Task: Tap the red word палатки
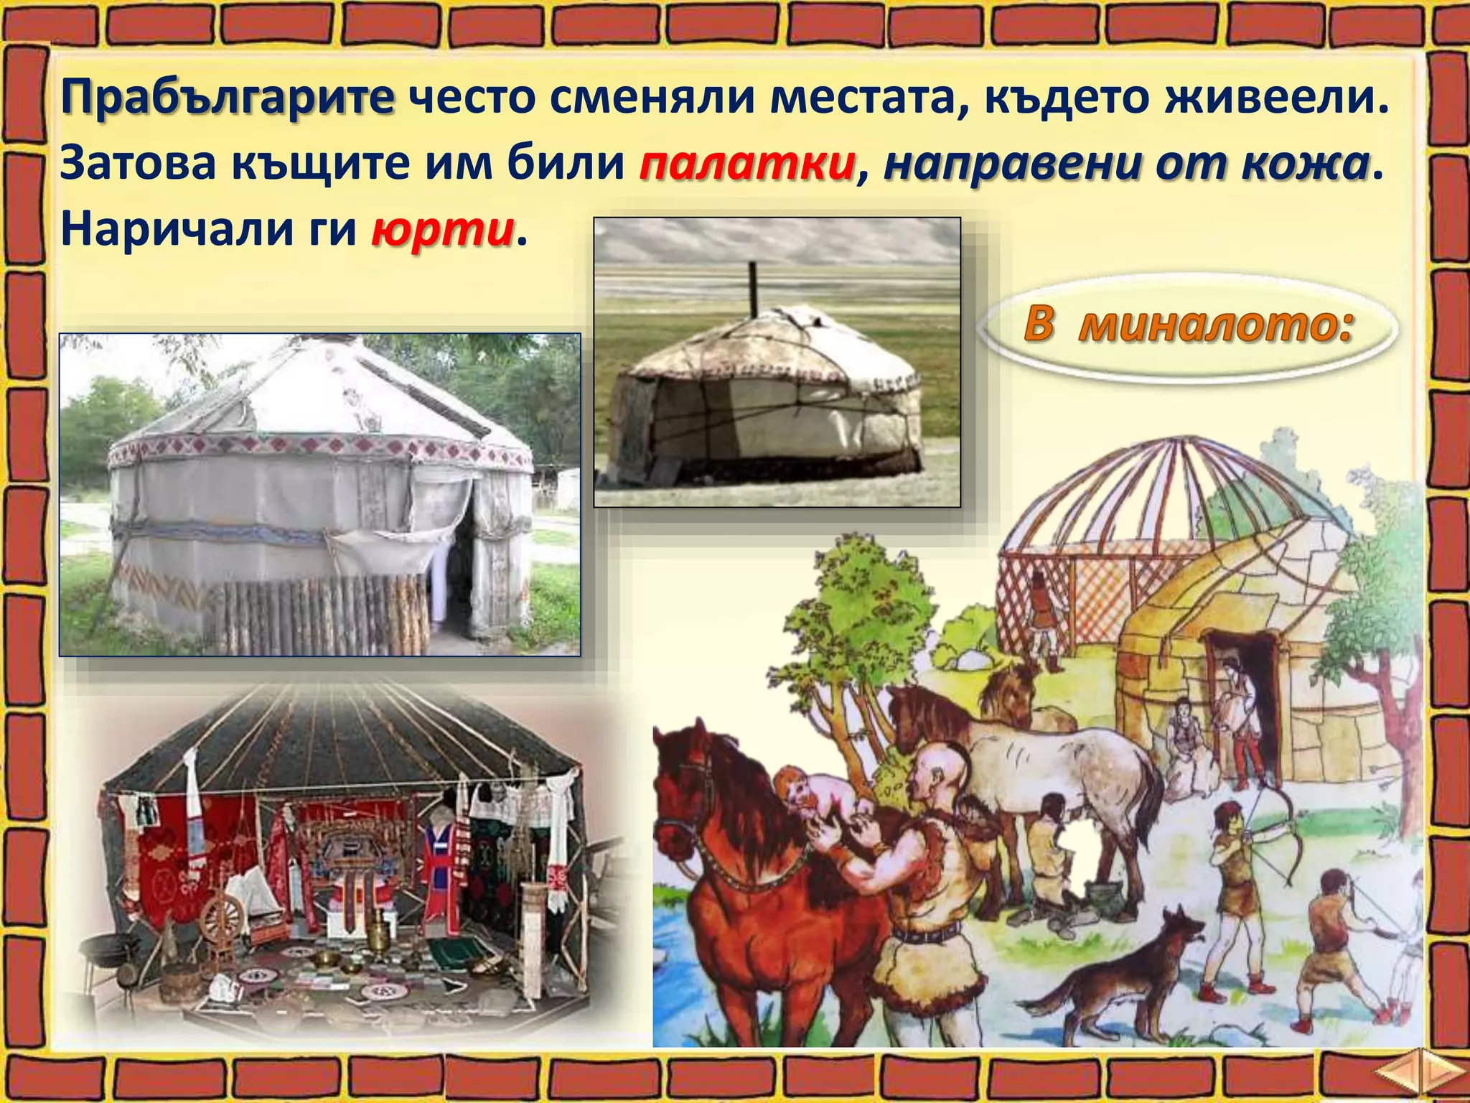point(746,164)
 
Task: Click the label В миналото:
point(1188,325)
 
